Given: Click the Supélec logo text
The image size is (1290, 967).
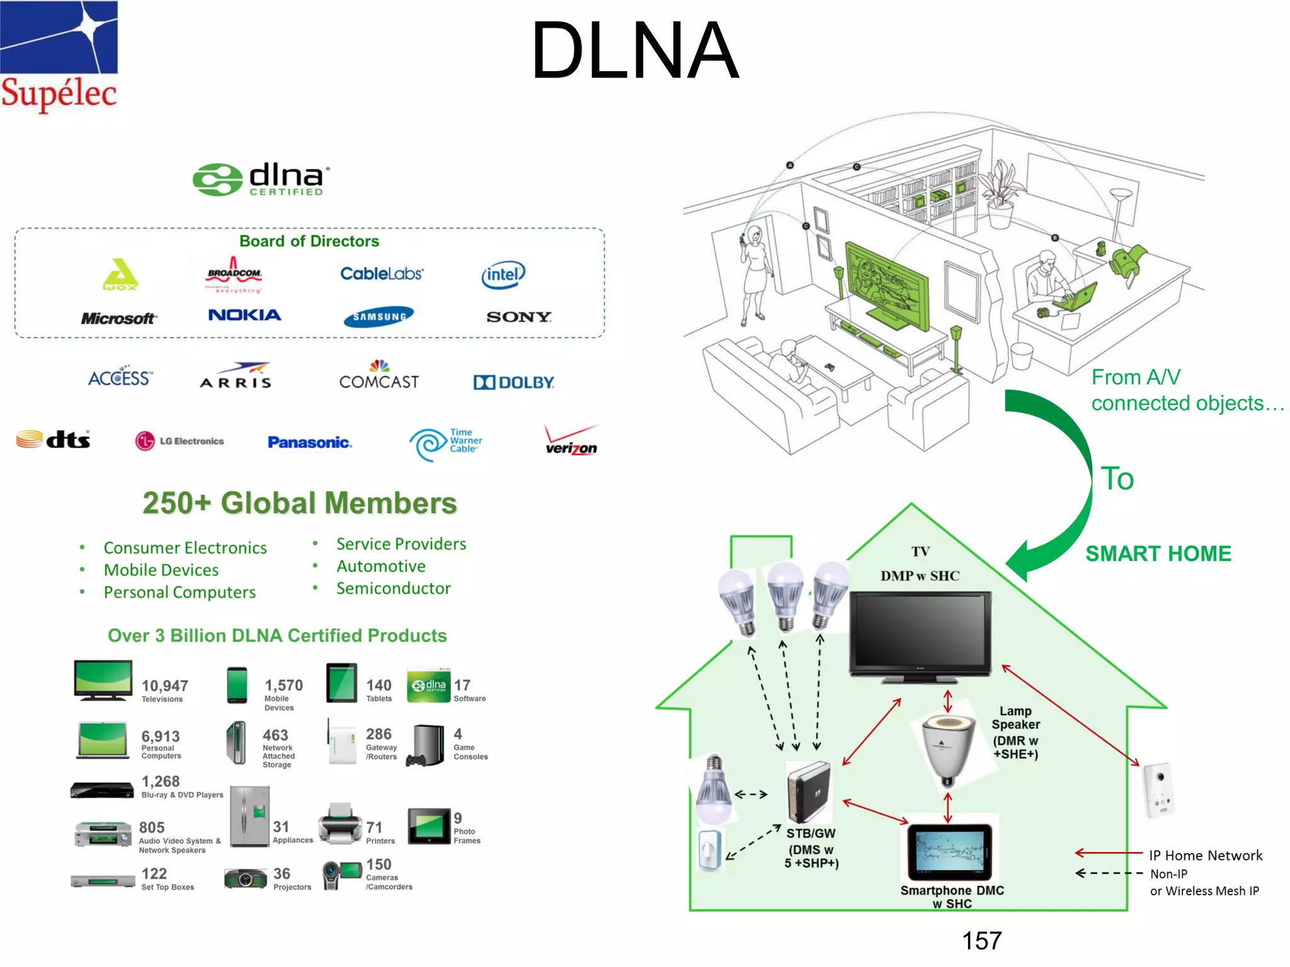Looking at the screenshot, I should point(59,93).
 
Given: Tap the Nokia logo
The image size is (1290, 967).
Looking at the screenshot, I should point(244,315).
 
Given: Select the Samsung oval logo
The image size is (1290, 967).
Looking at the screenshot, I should point(379,317).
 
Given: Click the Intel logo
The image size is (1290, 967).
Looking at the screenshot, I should point(503,275).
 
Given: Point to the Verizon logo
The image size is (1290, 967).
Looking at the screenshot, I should point(571,441).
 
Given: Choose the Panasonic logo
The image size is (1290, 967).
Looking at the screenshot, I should point(309,442).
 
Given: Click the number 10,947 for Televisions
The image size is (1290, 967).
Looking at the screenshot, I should point(164,686).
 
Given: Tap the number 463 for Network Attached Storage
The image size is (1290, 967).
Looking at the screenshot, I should point(275,735).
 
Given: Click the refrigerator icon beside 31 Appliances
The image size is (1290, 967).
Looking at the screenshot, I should point(249,816).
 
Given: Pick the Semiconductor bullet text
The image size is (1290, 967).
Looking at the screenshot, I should point(393,589).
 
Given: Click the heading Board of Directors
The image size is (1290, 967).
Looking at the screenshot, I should point(309,241).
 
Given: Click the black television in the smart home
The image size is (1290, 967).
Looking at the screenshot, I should point(920,636).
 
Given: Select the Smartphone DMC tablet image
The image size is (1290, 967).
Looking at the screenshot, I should point(950,852).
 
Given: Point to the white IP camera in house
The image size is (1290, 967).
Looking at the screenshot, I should point(1159,790).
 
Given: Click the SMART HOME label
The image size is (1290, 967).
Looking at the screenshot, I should point(1158,553).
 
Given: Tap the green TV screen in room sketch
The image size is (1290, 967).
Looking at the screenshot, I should point(887,283).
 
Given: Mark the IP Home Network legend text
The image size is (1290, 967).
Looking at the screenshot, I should point(1205,856).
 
